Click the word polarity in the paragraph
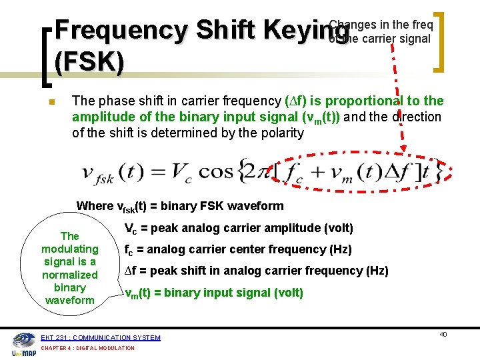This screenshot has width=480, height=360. (277, 133)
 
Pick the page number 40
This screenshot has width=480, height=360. (443, 334)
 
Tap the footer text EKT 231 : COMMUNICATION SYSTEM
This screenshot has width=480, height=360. (101, 337)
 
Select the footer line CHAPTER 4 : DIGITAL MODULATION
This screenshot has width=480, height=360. (87, 348)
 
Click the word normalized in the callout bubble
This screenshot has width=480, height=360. (69, 275)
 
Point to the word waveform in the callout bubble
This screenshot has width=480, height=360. (69, 300)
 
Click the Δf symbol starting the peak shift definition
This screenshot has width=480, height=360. (132, 271)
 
